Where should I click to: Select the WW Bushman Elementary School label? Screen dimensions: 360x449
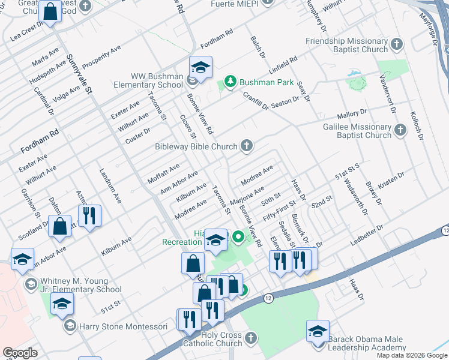(157, 80)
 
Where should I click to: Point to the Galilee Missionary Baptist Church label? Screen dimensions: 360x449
(357, 131)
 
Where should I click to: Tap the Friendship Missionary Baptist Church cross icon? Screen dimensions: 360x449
(396, 44)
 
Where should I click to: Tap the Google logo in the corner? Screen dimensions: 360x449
(20, 352)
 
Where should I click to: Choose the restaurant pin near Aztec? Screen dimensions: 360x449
(89, 217)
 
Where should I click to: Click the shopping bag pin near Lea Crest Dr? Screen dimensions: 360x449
(50, 11)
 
